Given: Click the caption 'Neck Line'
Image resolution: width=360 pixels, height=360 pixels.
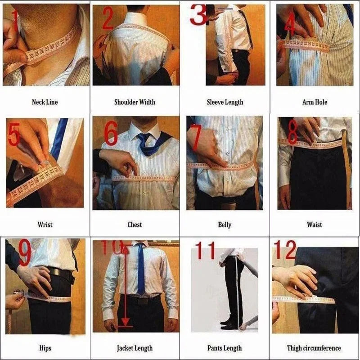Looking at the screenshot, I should tap(45, 102).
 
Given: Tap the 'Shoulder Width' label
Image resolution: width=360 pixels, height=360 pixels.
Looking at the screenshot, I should tap(135, 102).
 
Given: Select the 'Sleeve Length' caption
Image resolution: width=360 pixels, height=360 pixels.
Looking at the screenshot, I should tap(225, 102).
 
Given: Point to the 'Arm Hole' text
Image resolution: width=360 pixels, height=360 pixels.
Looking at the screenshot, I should tap(315, 102).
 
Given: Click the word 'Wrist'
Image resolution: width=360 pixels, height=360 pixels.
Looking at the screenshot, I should tap(45, 225).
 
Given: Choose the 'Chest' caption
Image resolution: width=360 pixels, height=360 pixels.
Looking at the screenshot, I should tap(135, 225).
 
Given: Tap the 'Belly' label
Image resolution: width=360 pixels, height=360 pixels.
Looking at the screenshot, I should tap(225, 225).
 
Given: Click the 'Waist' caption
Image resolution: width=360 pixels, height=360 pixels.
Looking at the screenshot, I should tap(315, 225).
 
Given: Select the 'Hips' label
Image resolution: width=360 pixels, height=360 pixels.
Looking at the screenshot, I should tap(45, 348).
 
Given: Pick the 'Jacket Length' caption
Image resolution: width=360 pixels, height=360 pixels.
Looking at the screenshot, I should tap(135, 348).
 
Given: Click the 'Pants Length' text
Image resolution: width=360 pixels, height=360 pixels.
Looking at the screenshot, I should tap(225, 348).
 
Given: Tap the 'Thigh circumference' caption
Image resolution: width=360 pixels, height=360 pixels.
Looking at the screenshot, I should tap(314, 348).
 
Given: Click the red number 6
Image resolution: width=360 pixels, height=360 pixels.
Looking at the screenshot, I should tap(111, 134).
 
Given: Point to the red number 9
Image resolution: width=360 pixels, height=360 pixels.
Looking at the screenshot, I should tap(24, 254).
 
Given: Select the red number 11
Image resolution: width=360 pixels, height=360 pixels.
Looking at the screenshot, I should tap(205, 251).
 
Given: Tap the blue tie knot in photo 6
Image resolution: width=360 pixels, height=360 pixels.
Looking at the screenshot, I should tap(144, 138).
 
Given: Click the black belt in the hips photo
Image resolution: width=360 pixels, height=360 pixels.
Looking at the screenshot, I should tap(61, 274).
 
